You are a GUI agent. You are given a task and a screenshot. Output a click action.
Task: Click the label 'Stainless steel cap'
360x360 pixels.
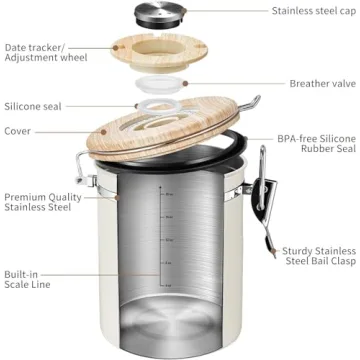pos(312,12)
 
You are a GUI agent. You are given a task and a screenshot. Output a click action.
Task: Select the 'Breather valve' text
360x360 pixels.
pos(322,84)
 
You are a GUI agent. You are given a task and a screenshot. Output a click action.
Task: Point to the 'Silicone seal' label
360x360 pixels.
pos(33,104)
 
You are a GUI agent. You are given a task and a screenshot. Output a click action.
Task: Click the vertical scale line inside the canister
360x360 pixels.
pos(161,250)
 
